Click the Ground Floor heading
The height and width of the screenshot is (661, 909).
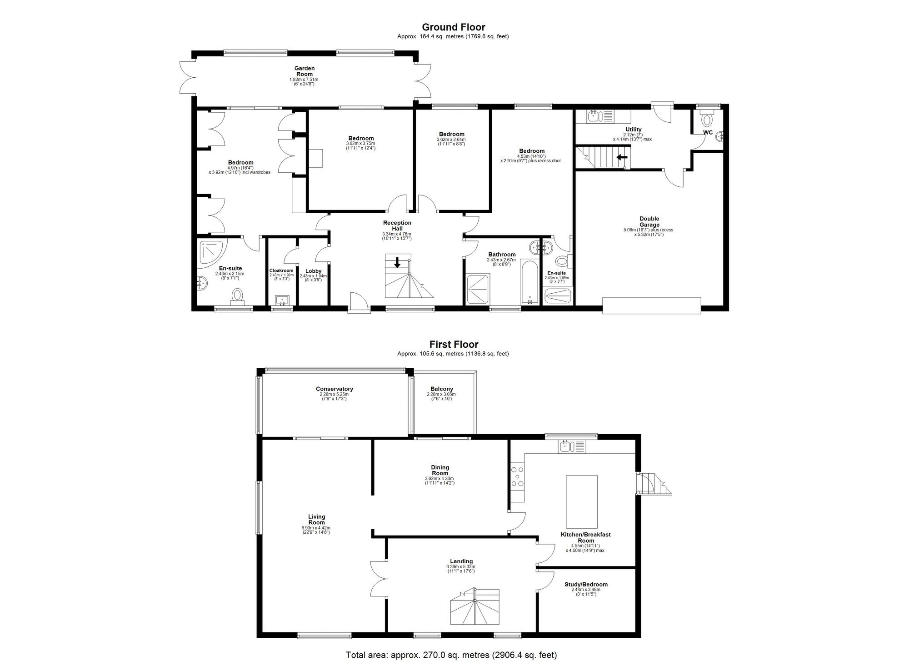[x=454, y=27]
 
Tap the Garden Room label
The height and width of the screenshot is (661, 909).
[x=305, y=71]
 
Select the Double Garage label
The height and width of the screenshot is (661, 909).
[x=649, y=221]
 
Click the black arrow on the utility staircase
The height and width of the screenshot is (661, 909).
[x=622, y=157]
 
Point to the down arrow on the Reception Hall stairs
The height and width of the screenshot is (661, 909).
[x=398, y=262]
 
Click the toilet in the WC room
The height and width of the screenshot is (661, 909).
[x=707, y=119]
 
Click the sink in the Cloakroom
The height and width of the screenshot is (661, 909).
[x=282, y=300]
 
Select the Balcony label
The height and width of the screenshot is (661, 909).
[x=442, y=389]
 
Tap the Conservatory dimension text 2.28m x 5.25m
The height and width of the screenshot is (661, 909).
[x=334, y=394]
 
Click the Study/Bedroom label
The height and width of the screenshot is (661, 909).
[x=586, y=585]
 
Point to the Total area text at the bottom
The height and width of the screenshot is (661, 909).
[x=451, y=655]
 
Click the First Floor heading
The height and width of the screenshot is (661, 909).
[x=454, y=345]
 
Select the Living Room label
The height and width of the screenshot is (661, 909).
[x=316, y=520]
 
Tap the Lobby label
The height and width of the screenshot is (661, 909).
[x=313, y=271]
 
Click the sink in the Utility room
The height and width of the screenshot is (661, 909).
[x=593, y=117]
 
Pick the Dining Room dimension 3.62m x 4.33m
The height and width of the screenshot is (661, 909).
[x=440, y=478]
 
